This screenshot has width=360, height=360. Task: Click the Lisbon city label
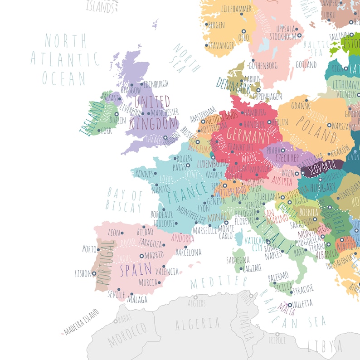pyautogui.click(x=83, y=273)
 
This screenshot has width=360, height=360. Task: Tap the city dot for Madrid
pyautogui.click(x=141, y=256)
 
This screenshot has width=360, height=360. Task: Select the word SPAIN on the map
pyautogui.click(x=136, y=270)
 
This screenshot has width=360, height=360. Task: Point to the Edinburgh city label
pyautogui.click(x=156, y=84)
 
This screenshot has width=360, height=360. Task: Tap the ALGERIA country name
pyautogui.click(x=197, y=323)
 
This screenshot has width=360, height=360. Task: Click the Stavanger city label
pyautogui.click(x=221, y=45)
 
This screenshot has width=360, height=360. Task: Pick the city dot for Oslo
pyautogui.click(x=241, y=30)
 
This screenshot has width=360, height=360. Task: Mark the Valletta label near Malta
pyautogui.click(x=303, y=303)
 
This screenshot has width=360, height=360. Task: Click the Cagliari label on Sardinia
pyautogui.click(x=253, y=268)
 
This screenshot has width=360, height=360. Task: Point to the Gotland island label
pyautogui.click(x=306, y=65)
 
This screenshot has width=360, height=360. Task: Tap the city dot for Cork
pyautogui.click(x=99, y=131)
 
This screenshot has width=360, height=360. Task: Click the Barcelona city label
pyautogui.click(x=188, y=252)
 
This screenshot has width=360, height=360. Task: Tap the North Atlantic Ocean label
pyautogui.click(x=64, y=59)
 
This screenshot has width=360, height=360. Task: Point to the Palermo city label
pyautogui.click(x=278, y=275)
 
